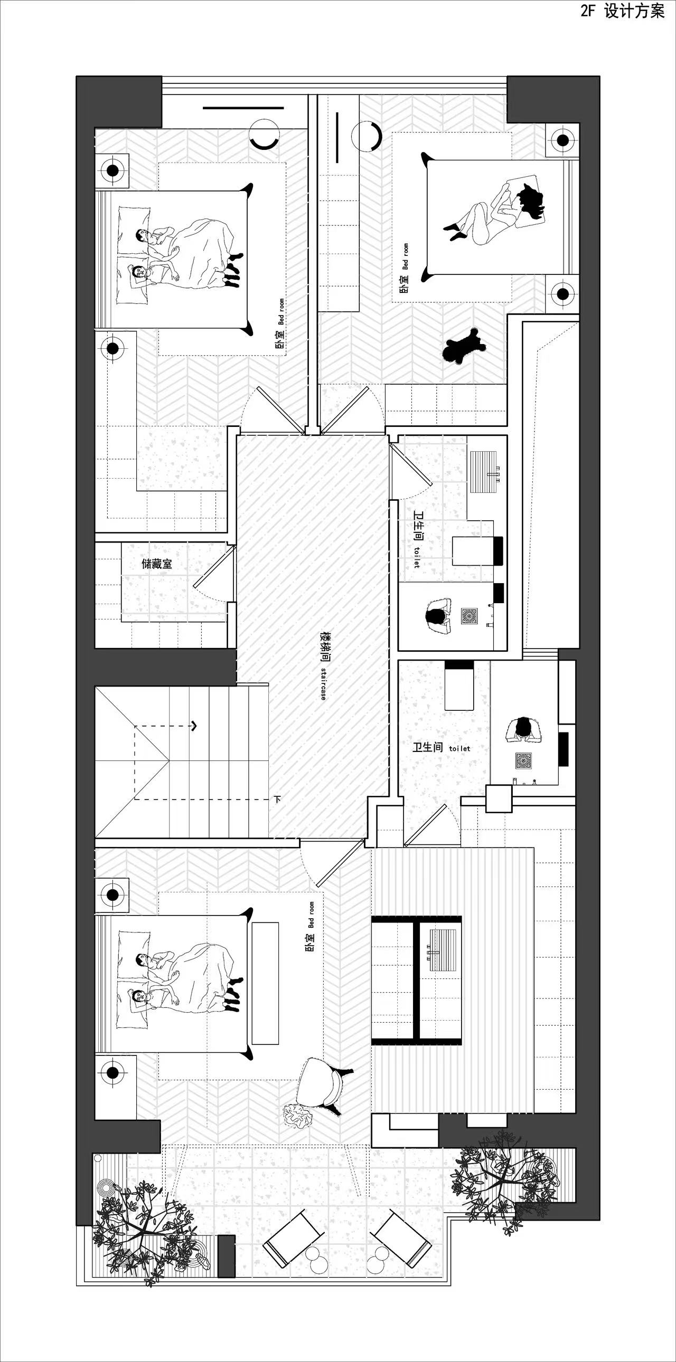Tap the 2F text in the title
click(588, 11)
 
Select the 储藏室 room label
click(156, 564)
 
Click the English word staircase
click(323, 684)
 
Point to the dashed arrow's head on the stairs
click(194, 726)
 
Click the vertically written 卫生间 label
click(419, 527)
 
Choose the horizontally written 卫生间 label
click(427, 747)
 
